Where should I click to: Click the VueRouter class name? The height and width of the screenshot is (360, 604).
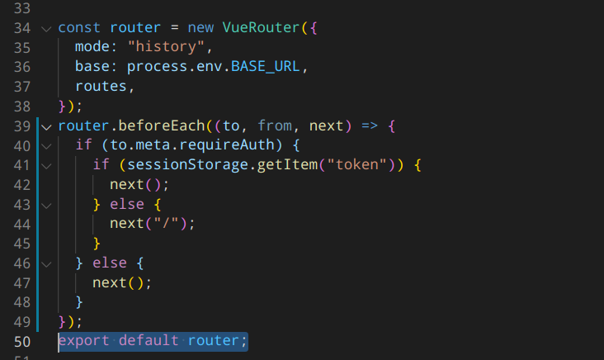261,28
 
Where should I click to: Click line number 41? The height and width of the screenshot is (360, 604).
22,164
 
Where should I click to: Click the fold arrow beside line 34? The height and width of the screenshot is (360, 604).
45,28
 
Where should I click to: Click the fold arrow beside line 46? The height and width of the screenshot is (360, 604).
45,263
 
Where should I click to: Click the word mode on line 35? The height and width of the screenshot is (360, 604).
92,47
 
